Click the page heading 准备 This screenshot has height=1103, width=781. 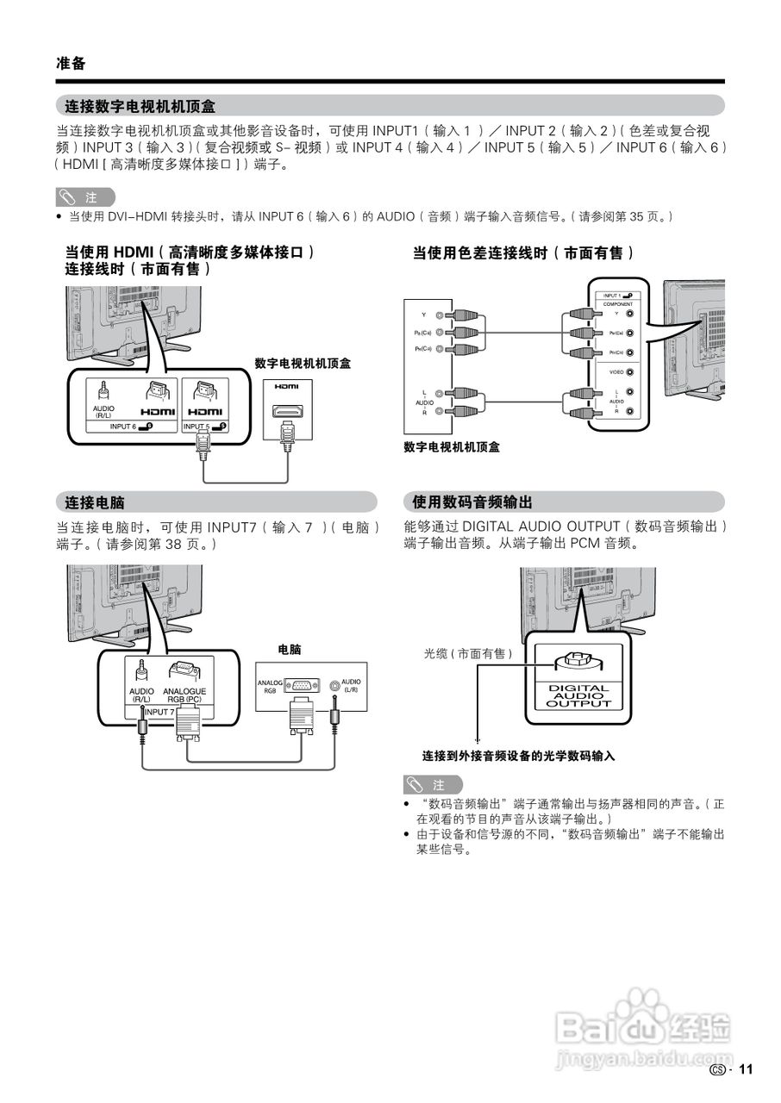(x=71, y=64)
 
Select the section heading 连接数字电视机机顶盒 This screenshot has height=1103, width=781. (x=141, y=107)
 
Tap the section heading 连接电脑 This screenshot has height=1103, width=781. (x=96, y=502)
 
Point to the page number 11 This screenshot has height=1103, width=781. (x=746, y=1069)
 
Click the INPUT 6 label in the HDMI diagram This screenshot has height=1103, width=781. (x=123, y=427)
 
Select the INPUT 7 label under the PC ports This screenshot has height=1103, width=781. (x=159, y=713)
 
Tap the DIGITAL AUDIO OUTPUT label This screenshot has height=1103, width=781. (x=578, y=696)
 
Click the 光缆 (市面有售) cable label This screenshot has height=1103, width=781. (x=468, y=654)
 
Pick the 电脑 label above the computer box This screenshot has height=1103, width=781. (x=289, y=649)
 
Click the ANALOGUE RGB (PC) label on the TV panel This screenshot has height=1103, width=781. (x=184, y=695)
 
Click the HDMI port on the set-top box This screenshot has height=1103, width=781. (x=287, y=413)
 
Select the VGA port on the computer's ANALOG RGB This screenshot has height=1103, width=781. (x=301, y=686)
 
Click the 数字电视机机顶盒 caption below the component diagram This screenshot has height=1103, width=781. (x=452, y=446)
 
